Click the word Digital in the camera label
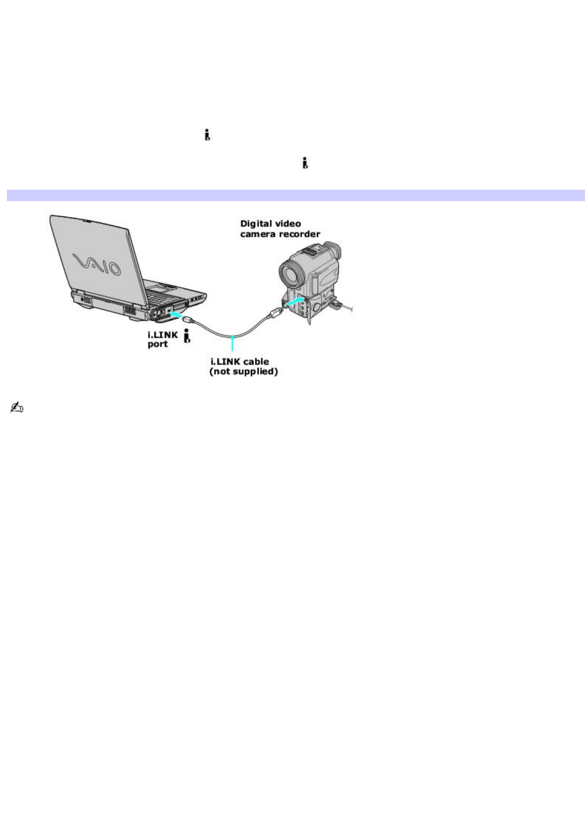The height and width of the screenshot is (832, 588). pos(256,224)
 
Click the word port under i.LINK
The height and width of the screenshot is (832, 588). pos(158,344)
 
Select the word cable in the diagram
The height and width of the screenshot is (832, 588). pos(255,362)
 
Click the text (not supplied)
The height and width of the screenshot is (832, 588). pos(243,371)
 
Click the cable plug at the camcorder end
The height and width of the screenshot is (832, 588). pos(275,312)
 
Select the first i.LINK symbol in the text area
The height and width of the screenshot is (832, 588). pos(208,135)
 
